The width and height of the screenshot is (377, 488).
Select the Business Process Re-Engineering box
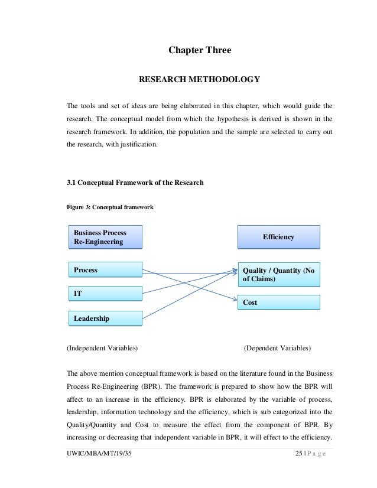click(x=106, y=238)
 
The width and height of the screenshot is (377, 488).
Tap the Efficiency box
click(x=278, y=237)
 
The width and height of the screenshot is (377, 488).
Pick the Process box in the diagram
click(x=106, y=271)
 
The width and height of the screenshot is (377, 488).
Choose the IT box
click(x=106, y=293)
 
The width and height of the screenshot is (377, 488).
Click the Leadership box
click(x=106, y=318)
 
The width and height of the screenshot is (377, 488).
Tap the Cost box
click(x=278, y=302)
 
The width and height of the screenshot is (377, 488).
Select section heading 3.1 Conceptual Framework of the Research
click(x=136, y=183)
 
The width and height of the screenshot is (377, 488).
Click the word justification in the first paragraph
click(x=141, y=143)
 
